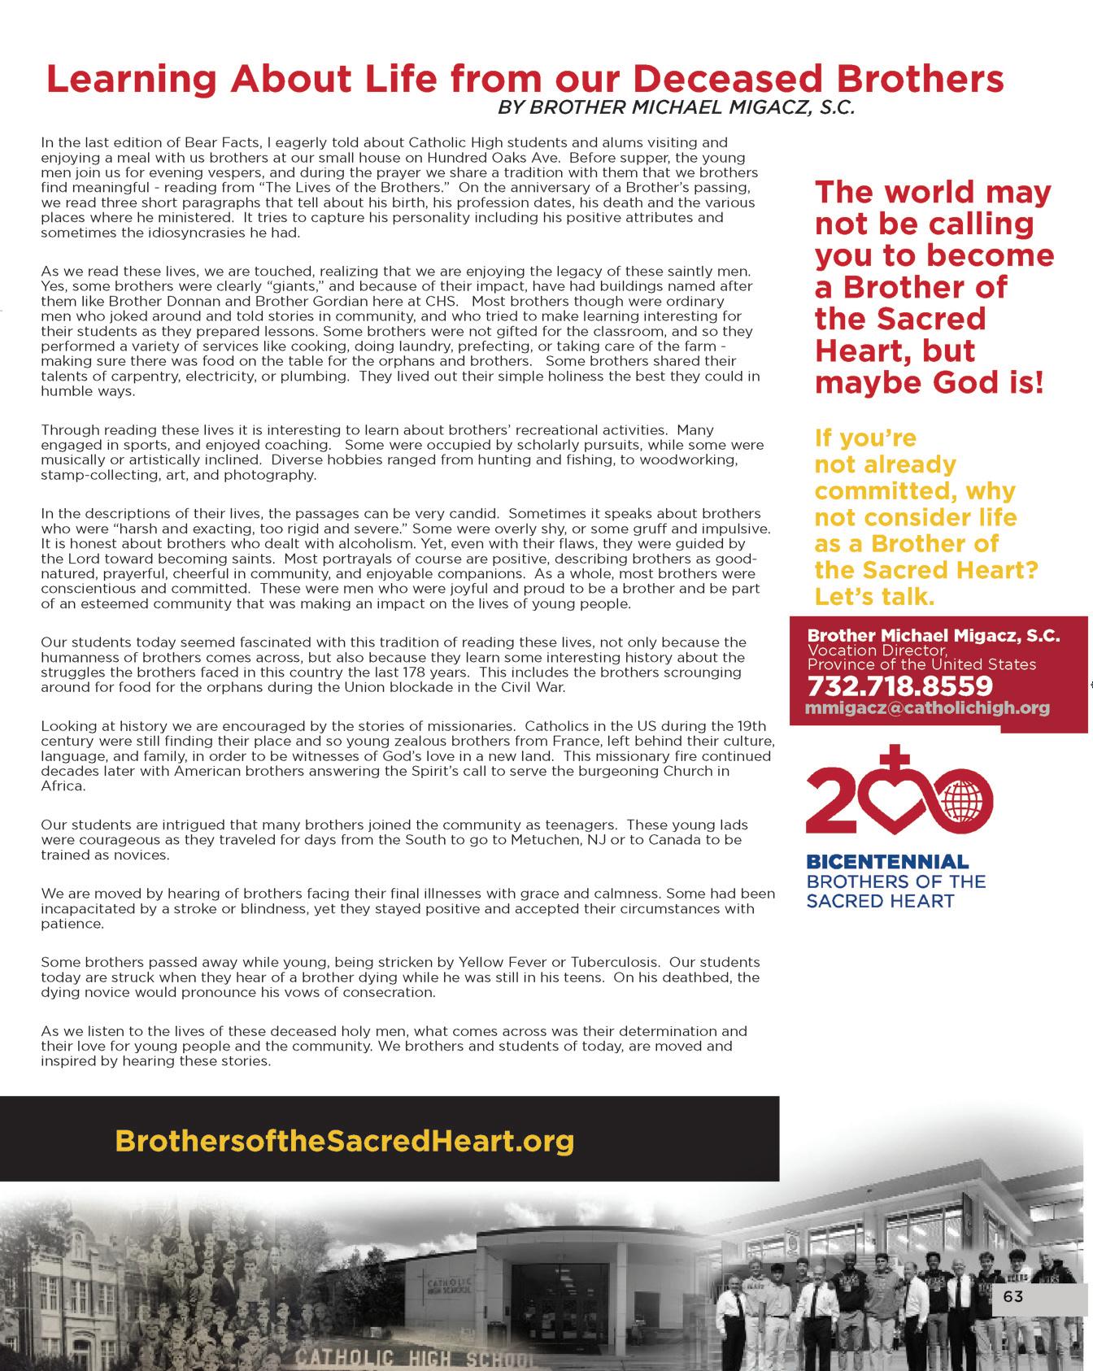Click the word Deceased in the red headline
708,79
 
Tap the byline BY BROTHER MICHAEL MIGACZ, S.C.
676,108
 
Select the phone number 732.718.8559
899,685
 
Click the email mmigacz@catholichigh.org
927,707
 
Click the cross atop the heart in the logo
897,762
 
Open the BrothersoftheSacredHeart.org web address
345,1140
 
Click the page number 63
1013,1295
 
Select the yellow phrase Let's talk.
874,597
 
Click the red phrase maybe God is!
929,382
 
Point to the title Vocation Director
877,651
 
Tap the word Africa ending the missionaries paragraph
63,786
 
